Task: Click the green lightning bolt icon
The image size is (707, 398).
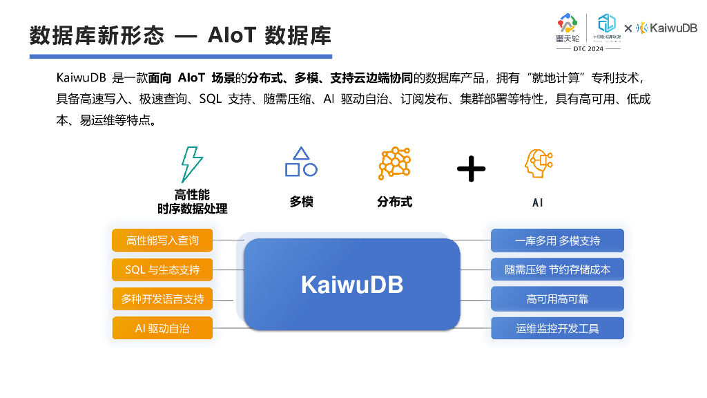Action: [191, 164]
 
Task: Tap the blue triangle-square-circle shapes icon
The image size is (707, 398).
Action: [301, 162]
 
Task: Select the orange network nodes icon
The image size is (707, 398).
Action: [394, 164]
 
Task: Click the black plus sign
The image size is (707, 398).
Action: [472, 169]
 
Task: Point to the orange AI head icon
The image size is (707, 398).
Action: [538, 164]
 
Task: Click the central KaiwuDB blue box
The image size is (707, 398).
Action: [352, 284]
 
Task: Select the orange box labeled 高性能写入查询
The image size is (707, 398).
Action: [162, 240]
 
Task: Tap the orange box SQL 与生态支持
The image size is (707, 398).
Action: [162, 269]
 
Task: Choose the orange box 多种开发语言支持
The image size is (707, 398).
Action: [162, 299]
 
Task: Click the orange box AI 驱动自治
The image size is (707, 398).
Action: [162, 328]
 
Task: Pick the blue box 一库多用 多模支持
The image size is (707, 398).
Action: [557, 240]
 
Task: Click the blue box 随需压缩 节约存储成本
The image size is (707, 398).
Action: [557, 269]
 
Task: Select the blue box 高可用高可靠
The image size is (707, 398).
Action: [557, 299]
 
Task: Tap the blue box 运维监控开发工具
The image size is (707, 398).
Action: [557, 328]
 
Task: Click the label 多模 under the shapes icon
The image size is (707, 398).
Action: [302, 202]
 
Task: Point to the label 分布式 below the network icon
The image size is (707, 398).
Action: [394, 202]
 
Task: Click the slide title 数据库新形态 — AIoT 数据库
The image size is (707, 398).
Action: [180, 35]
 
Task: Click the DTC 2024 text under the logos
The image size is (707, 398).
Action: [588, 49]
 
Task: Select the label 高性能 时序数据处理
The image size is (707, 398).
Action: [192, 202]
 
